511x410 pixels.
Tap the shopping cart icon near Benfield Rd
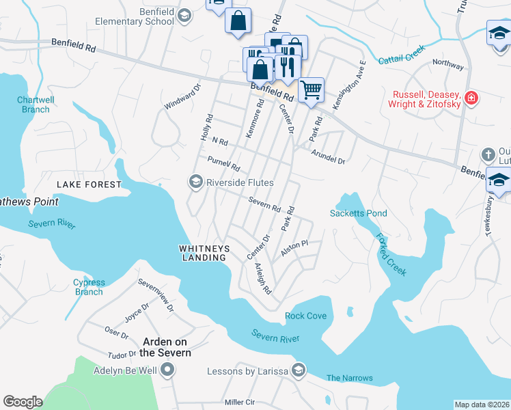311,89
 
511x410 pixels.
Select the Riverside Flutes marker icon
195,182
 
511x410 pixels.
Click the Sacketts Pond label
359,213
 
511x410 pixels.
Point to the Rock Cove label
305,316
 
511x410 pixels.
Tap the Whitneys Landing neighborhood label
203,253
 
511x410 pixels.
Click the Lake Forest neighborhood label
89,184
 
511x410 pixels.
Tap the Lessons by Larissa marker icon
297,371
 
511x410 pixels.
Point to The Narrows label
350,378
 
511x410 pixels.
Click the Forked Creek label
392,254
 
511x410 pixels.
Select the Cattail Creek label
402,55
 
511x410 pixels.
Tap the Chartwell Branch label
33,105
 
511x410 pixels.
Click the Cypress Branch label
89,287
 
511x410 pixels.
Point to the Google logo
23,402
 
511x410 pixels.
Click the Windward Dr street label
182,97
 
